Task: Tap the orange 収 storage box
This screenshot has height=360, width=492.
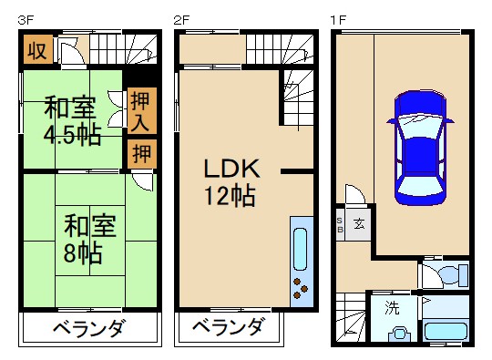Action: point(36,51)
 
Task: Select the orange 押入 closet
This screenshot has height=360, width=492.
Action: point(141,109)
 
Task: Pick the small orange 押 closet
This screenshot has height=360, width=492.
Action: point(141,153)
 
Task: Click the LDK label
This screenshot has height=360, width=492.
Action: point(231,169)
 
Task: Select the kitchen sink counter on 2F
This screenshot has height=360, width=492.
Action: point(300,247)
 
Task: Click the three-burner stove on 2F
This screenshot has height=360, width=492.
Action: point(300,288)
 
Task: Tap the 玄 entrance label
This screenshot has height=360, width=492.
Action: point(359,222)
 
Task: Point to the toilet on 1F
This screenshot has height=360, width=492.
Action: point(451,273)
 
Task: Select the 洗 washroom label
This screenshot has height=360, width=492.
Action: point(392,307)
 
